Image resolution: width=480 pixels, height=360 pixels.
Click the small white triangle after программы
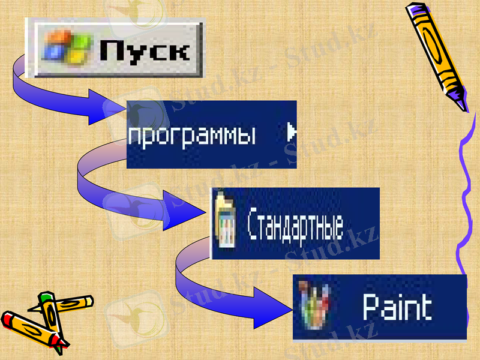291,133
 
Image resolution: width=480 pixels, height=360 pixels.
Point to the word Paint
397,308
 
